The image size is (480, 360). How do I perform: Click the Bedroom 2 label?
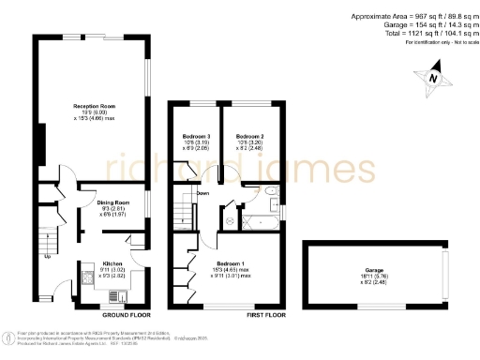(x=250, y=136)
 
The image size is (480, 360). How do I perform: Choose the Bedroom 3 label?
(x=195, y=136)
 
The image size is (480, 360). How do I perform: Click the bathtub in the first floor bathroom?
(x=255, y=222)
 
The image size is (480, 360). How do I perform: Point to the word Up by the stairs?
(x=47, y=255)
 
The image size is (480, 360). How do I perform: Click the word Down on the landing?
(x=202, y=193)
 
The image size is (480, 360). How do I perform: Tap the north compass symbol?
(x=431, y=79)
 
